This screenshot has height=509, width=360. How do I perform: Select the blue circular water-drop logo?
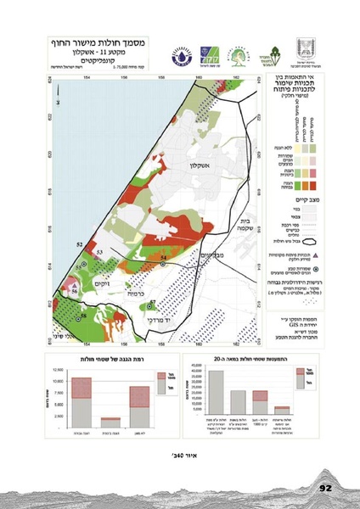click(181, 52)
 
